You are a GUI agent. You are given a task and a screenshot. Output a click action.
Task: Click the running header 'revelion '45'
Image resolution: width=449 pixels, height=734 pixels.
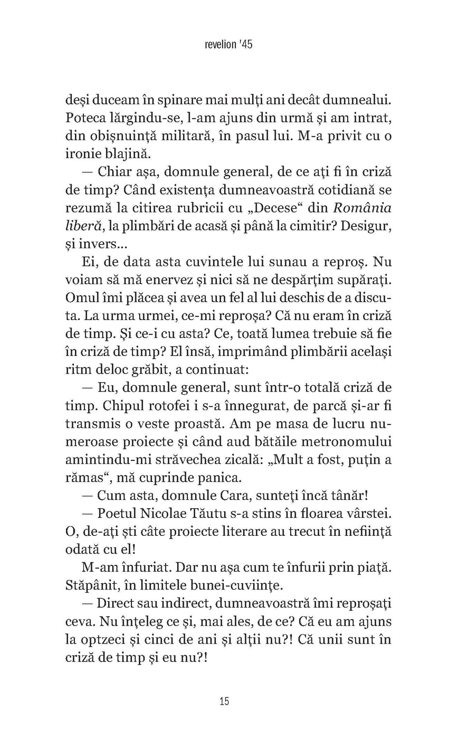[225, 44]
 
